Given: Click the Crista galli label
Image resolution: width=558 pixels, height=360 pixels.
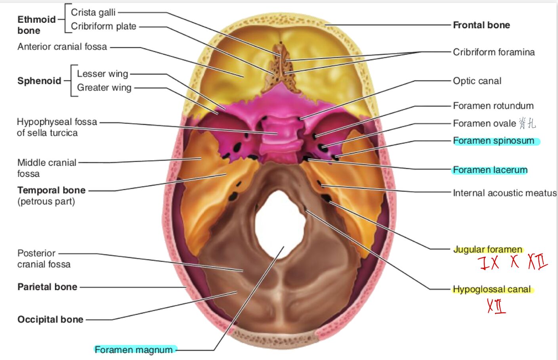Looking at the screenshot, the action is pyautogui.click(x=93, y=12).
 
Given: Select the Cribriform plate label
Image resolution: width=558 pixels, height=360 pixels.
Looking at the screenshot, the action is pyautogui.click(x=103, y=26).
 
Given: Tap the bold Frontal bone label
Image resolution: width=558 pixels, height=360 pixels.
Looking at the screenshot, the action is pyautogui.click(x=482, y=25).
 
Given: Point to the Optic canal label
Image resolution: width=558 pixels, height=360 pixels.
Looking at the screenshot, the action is pyautogui.click(x=477, y=81).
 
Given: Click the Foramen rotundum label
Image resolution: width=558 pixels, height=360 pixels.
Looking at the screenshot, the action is pyautogui.click(x=493, y=106).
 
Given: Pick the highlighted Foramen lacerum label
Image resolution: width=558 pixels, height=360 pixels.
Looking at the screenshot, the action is pyautogui.click(x=490, y=170).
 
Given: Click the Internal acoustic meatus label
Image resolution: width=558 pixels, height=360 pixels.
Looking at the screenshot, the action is pyautogui.click(x=504, y=193).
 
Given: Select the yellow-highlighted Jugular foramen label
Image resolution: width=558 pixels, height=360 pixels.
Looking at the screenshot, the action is pyautogui.click(x=488, y=249).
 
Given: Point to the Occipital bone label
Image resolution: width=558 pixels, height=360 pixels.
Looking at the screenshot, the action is pyautogui.click(x=50, y=320).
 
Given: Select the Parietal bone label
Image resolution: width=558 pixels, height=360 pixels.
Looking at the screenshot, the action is pyautogui.click(x=47, y=287).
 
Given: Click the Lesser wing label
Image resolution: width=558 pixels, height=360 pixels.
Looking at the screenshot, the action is pyautogui.click(x=102, y=74).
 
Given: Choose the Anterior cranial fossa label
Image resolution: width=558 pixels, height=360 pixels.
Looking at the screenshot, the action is pyautogui.click(x=62, y=47).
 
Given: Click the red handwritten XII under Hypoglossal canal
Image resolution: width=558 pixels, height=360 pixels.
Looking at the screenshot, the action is pyautogui.click(x=496, y=306).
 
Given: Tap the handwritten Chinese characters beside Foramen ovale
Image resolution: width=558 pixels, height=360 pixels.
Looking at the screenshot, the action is pyautogui.click(x=527, y=123).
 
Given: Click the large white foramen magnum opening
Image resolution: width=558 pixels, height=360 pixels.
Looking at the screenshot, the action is pyautogui.click(x=280, y=226).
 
